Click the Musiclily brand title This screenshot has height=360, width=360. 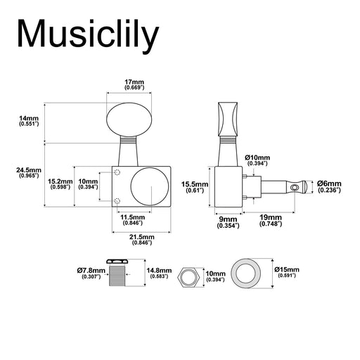pos(88,34)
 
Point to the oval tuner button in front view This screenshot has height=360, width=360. pos(129,120)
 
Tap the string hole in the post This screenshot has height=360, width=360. pos(295,187)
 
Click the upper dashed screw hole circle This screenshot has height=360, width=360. pos(117,172)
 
